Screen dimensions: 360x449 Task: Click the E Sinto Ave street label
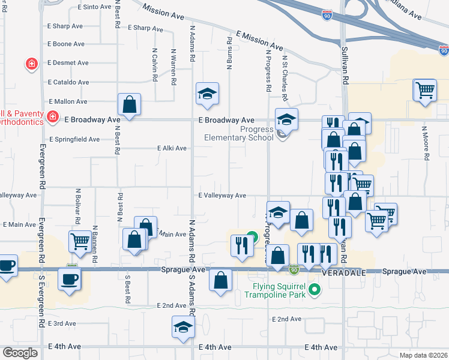point(95,7)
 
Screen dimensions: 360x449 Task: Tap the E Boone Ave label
point(66,44)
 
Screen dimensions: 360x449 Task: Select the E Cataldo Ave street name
point(68,82)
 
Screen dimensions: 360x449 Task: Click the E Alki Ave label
point(172,148)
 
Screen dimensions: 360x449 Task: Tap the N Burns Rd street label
point(229,53)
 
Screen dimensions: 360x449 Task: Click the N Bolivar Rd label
point(78,207)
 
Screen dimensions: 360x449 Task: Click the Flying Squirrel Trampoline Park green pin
point(314,291)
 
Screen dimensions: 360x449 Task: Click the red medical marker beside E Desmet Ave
point(30,63)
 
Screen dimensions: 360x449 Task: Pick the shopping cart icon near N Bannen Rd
point(80,241)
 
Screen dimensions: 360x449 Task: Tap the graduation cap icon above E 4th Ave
point(183,326)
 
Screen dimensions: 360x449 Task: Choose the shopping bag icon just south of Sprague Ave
point(221,280)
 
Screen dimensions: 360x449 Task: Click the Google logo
point(20,353)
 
